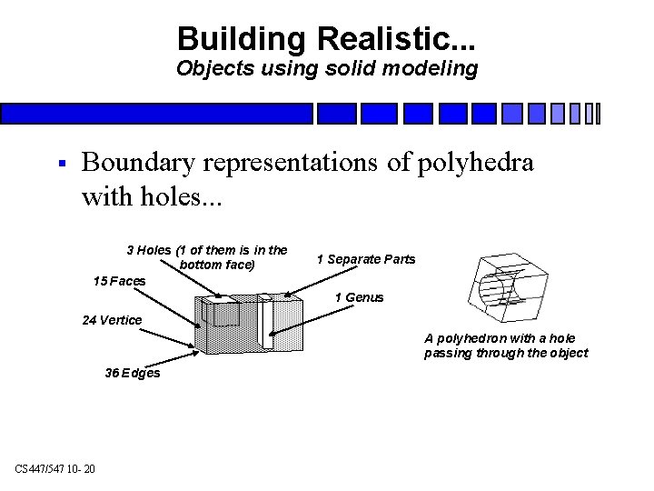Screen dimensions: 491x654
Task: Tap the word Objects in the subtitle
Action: (208, 69)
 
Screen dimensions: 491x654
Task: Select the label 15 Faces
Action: (119, 281)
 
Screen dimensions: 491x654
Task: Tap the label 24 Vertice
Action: (112, 319)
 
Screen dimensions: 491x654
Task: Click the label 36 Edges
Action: (132, 373)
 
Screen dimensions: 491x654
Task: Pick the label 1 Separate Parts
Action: (366, 259)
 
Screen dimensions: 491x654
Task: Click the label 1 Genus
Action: (359, 297)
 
